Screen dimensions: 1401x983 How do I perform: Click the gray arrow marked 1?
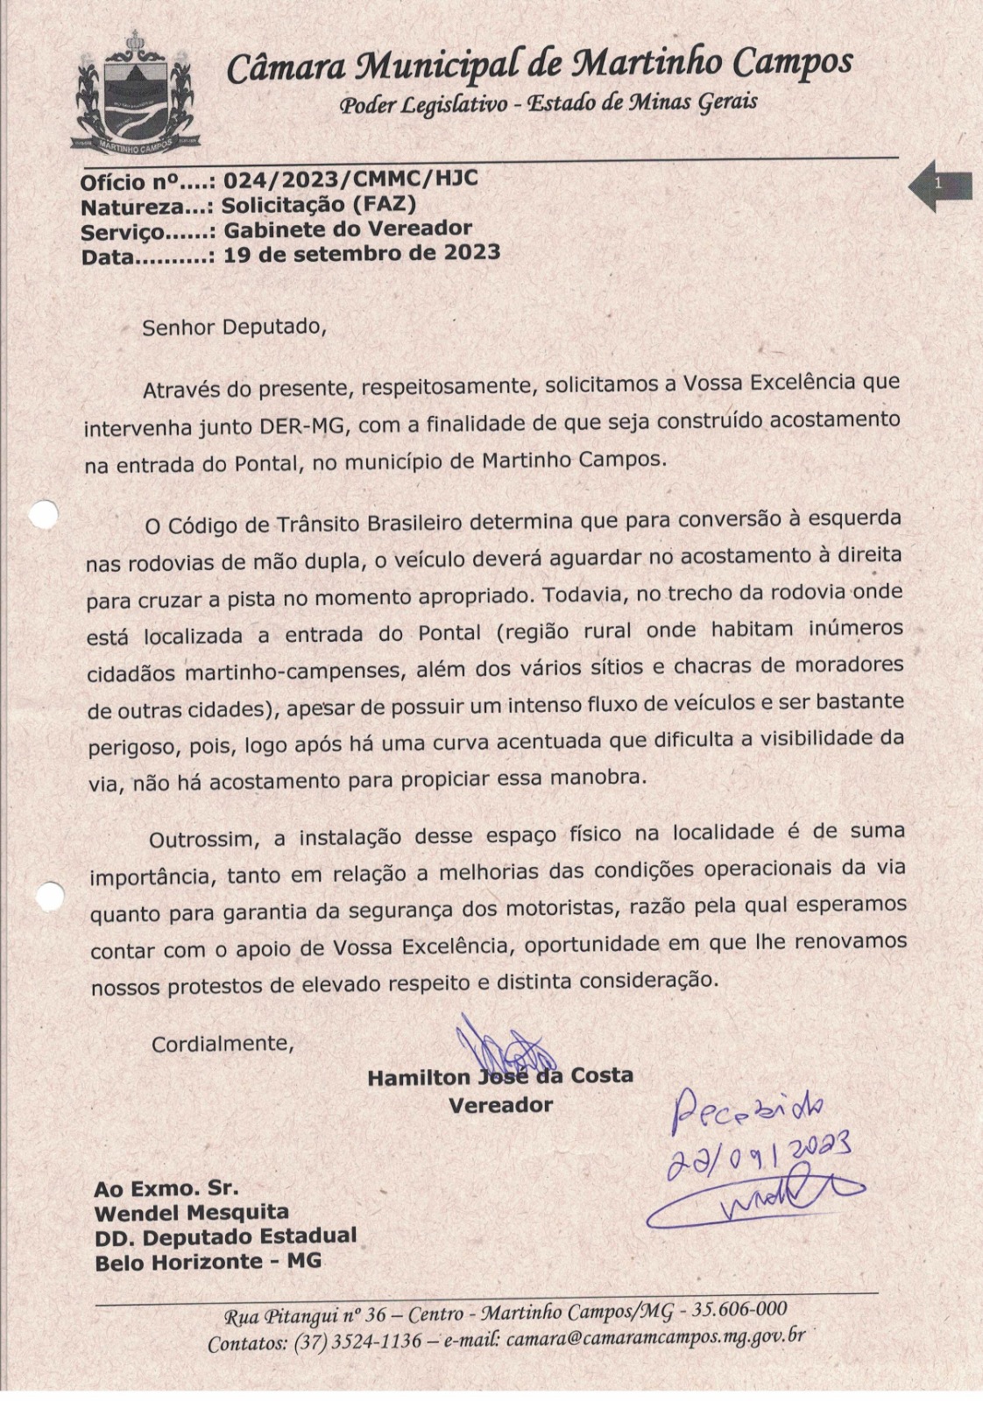[x=939, y=185]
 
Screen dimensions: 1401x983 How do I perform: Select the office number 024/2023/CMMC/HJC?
[x=350, y=180]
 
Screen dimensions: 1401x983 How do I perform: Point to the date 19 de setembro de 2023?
[x=362, y=254]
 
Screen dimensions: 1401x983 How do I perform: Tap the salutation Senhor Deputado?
[x=234, y=327]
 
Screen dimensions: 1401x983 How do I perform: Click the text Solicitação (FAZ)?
[x=319, y=205]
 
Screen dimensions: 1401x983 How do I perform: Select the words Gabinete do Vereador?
[x=348, y=229]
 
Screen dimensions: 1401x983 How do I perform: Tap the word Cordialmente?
[x=223, y=1044]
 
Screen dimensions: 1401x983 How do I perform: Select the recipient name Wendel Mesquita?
[x=191, y=1213]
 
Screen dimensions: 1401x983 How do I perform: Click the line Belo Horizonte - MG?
[x=208, y=1262]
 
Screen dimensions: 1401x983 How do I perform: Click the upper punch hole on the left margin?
[x=42, y=515]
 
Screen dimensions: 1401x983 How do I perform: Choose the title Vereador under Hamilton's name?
[x=500, y=1105]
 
